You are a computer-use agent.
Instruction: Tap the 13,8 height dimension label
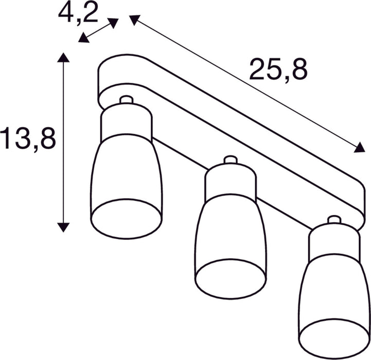click(x=28, y=139)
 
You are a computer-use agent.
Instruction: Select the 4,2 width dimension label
click(x=78, y=12)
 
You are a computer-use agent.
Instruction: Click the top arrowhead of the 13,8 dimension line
click(x=63, y=57)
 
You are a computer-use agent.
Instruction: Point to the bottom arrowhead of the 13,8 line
click(x=63, y=226)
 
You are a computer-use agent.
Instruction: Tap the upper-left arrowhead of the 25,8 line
click(x=134, y=20)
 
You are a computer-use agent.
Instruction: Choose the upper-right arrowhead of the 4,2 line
click(x=114, y=22)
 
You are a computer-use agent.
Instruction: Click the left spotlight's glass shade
click(x=126, y=170)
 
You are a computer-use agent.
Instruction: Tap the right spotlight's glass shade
click(x=334, y=288)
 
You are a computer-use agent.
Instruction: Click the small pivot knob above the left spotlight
click(x=126, y=100)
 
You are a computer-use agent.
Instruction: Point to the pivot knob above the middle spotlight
click(x=230, y=160)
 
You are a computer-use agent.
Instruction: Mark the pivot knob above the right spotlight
click(x=334, y=220)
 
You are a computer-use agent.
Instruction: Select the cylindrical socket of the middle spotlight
click(x=230, y=183)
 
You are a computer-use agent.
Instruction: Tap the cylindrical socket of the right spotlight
click(x=334, y=243)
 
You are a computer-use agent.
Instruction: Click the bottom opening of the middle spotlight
click(x=230, y=278)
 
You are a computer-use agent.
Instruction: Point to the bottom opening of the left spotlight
click(x=126, y=218)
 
